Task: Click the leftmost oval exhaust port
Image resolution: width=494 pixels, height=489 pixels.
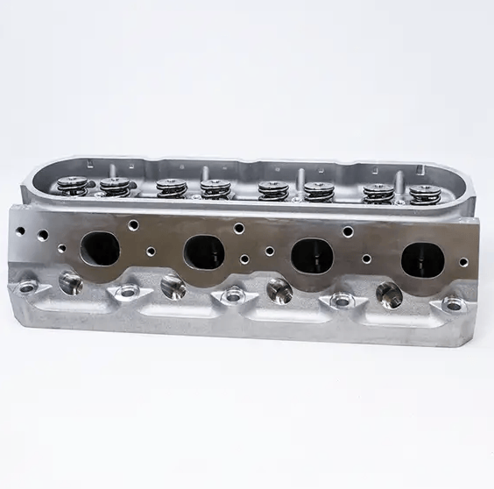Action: coord(99,248)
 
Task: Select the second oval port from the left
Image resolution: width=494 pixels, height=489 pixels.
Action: coord(204,252)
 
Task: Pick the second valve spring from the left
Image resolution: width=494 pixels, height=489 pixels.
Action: coord(114,187)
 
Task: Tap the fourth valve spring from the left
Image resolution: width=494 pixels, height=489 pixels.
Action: coord(214,188)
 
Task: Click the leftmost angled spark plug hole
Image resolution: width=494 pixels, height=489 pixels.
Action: coord(68,281)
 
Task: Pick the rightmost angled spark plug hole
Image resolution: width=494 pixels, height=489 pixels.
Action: coord(388,293)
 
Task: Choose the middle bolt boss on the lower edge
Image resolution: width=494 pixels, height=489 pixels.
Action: coord(234,295)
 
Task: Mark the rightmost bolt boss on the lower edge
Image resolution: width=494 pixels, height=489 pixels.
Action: coord(453,304)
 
